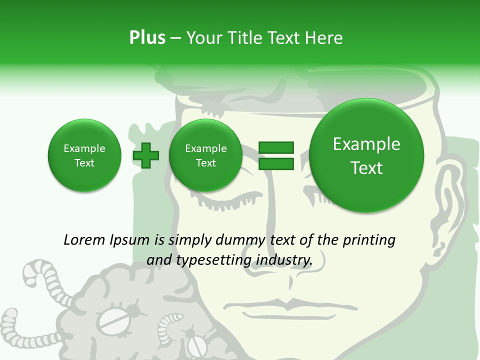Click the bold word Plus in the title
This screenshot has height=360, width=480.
point(147,38)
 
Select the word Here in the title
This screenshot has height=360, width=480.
point(323,38)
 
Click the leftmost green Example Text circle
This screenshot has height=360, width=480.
point(84,155)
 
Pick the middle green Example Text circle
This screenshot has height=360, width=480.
point(205,155)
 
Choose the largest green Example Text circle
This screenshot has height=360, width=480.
point(366,155)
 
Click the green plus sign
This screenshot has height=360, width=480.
point(146,155)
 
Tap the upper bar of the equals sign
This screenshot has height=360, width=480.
point(276,147)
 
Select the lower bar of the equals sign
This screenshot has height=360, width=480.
point(276,163)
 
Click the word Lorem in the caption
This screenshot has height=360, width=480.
point(84,240)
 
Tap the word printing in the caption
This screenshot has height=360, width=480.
point(368,240)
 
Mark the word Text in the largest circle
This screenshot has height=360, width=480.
point(366,168)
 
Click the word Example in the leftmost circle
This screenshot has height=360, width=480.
point(84,148)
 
